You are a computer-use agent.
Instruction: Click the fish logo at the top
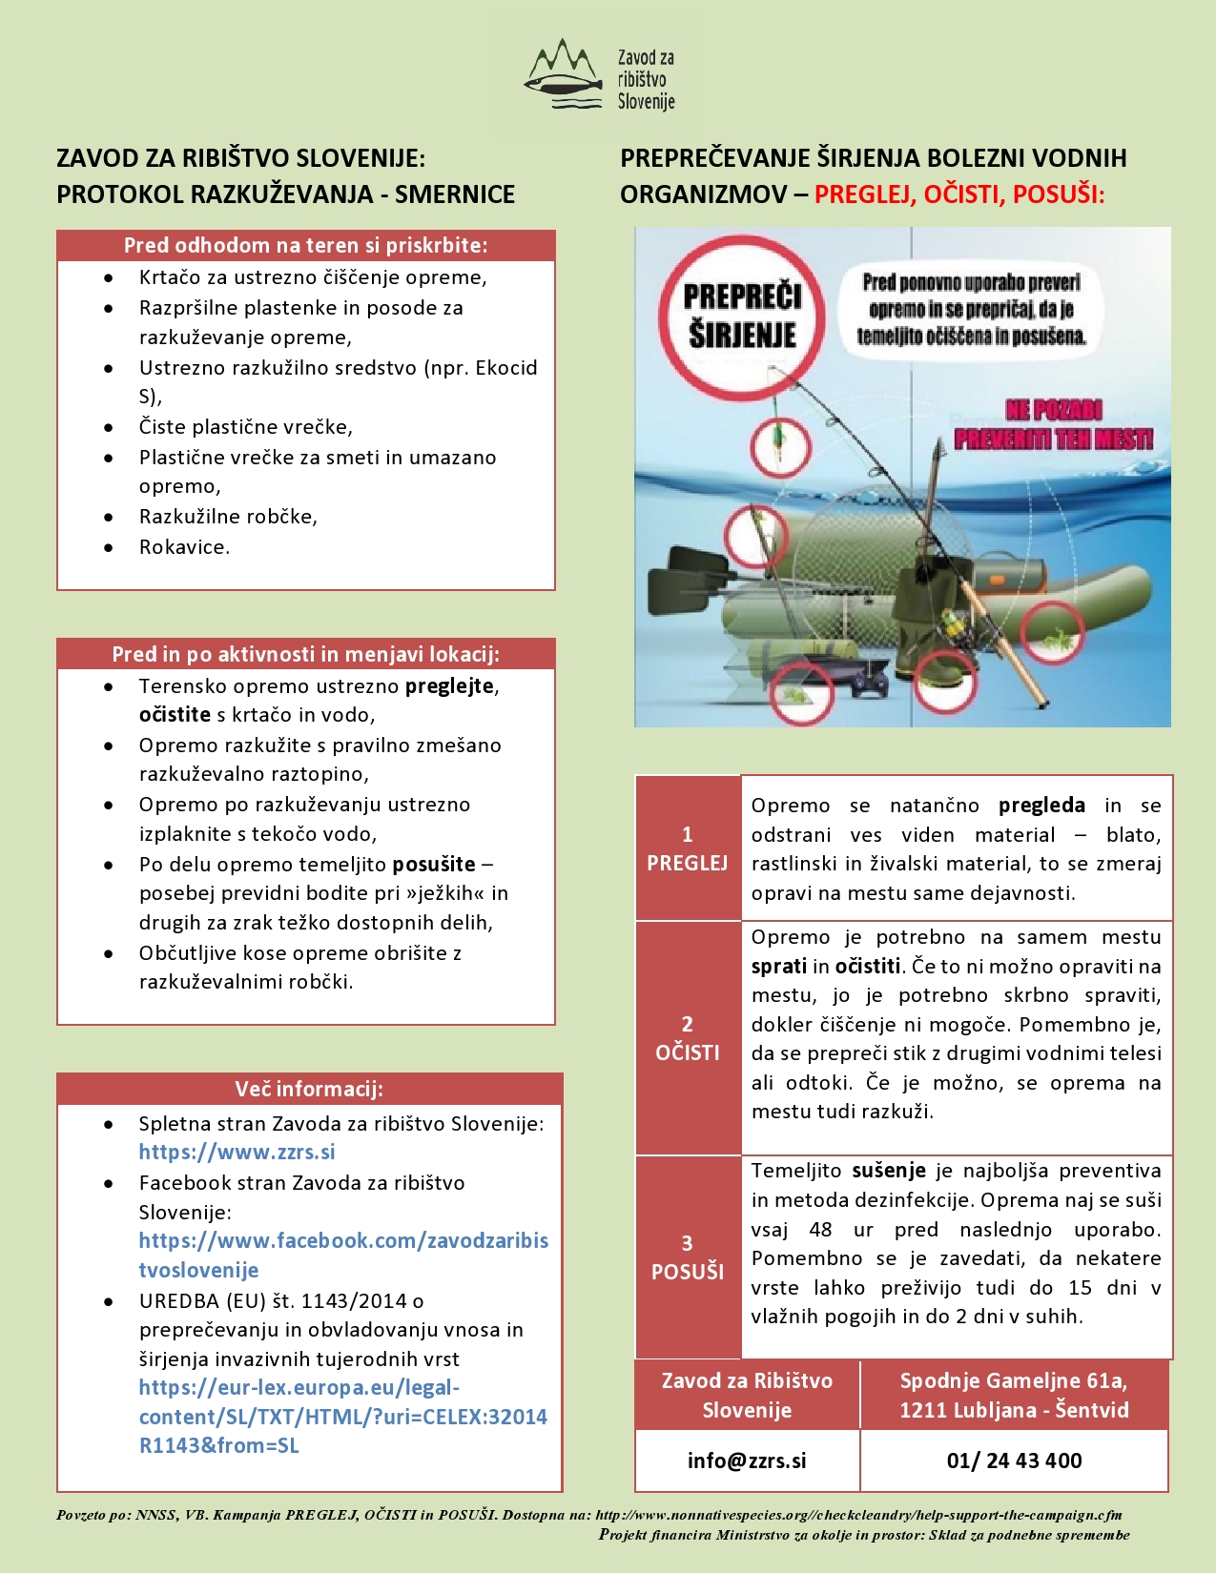coord(565,74)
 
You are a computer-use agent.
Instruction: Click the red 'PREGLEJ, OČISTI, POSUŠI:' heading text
coord(958,194)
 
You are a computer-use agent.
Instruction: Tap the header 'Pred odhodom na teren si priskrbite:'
coord(305,245)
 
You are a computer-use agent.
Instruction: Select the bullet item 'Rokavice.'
coord(184,547)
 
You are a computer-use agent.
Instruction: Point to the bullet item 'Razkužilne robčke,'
coord(228,517)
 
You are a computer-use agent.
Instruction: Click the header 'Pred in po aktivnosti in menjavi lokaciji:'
coord(305,654)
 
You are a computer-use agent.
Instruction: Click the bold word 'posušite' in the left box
coord(434,865)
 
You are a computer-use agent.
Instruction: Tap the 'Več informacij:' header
coord(309,1089)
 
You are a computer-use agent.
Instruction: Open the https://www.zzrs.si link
coord(237,1152)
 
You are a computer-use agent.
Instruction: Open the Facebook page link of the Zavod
coord(343,1255)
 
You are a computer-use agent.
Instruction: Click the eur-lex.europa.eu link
coord(342,1417)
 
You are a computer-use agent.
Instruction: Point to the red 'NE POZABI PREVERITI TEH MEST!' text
coord(1053,425)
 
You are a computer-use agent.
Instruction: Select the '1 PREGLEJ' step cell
coord(688,848)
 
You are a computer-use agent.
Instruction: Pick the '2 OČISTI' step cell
coord(688,1038)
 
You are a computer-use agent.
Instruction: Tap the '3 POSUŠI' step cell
coord(688,1256)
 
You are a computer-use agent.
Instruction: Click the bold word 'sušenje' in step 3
coord(889,1171)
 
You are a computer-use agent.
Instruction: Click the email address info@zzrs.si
coord(747,1461)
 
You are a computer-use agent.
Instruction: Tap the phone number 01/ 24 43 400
coord(1014,1461)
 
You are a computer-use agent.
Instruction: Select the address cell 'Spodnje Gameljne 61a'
coord(1014,1395)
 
